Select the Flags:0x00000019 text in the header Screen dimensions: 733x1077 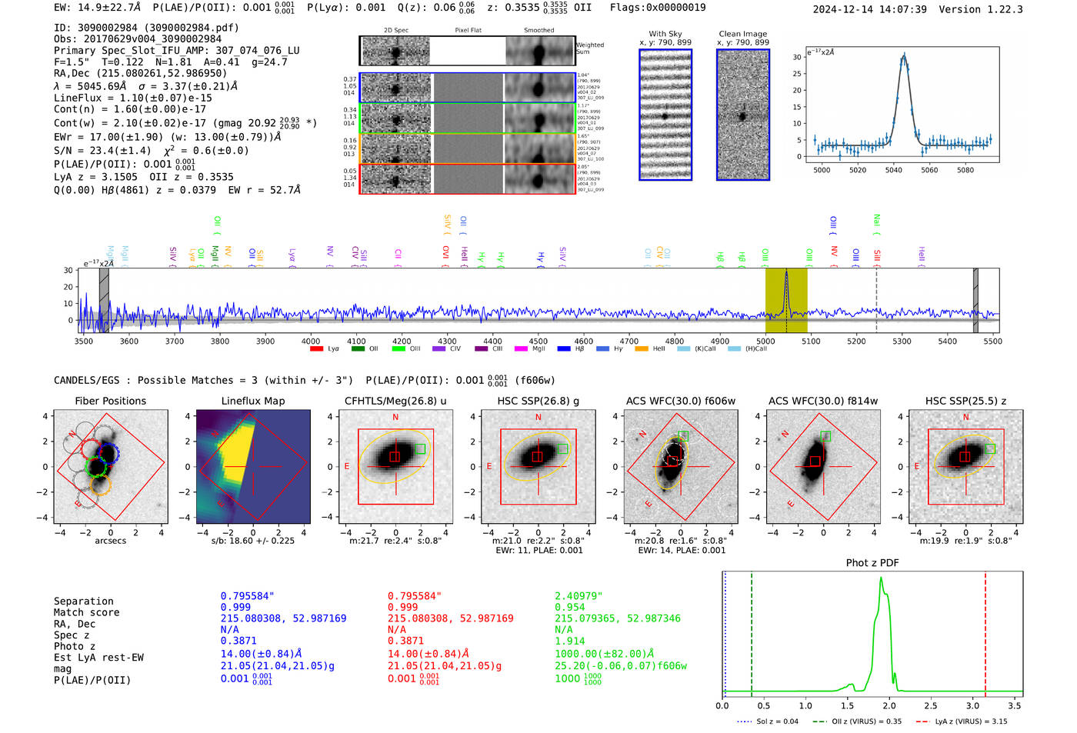[x=657, y=7]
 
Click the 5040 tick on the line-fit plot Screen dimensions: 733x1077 [x=893, y=170]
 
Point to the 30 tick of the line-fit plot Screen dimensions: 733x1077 [x=797, y=57]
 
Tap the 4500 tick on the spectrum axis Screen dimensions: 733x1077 [x=538, y=341]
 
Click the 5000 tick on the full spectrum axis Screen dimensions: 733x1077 [x=765, y=341]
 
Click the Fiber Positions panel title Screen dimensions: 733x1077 [x=110, y=401]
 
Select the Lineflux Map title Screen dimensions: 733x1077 [x=252, y=401]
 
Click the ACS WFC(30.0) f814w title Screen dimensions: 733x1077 [x=822, y=401]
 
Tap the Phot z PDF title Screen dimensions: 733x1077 [x=872, y=562]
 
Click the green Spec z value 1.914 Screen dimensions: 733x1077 [x=569, y=641]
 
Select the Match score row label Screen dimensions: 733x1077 [x=86, y=612]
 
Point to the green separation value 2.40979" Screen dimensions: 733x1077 [x=578, y=596]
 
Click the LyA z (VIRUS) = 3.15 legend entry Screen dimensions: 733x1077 [x=971, y=721]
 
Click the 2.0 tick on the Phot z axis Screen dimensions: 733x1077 [x=889, y=705]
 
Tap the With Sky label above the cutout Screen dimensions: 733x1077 [x=665, y=34]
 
